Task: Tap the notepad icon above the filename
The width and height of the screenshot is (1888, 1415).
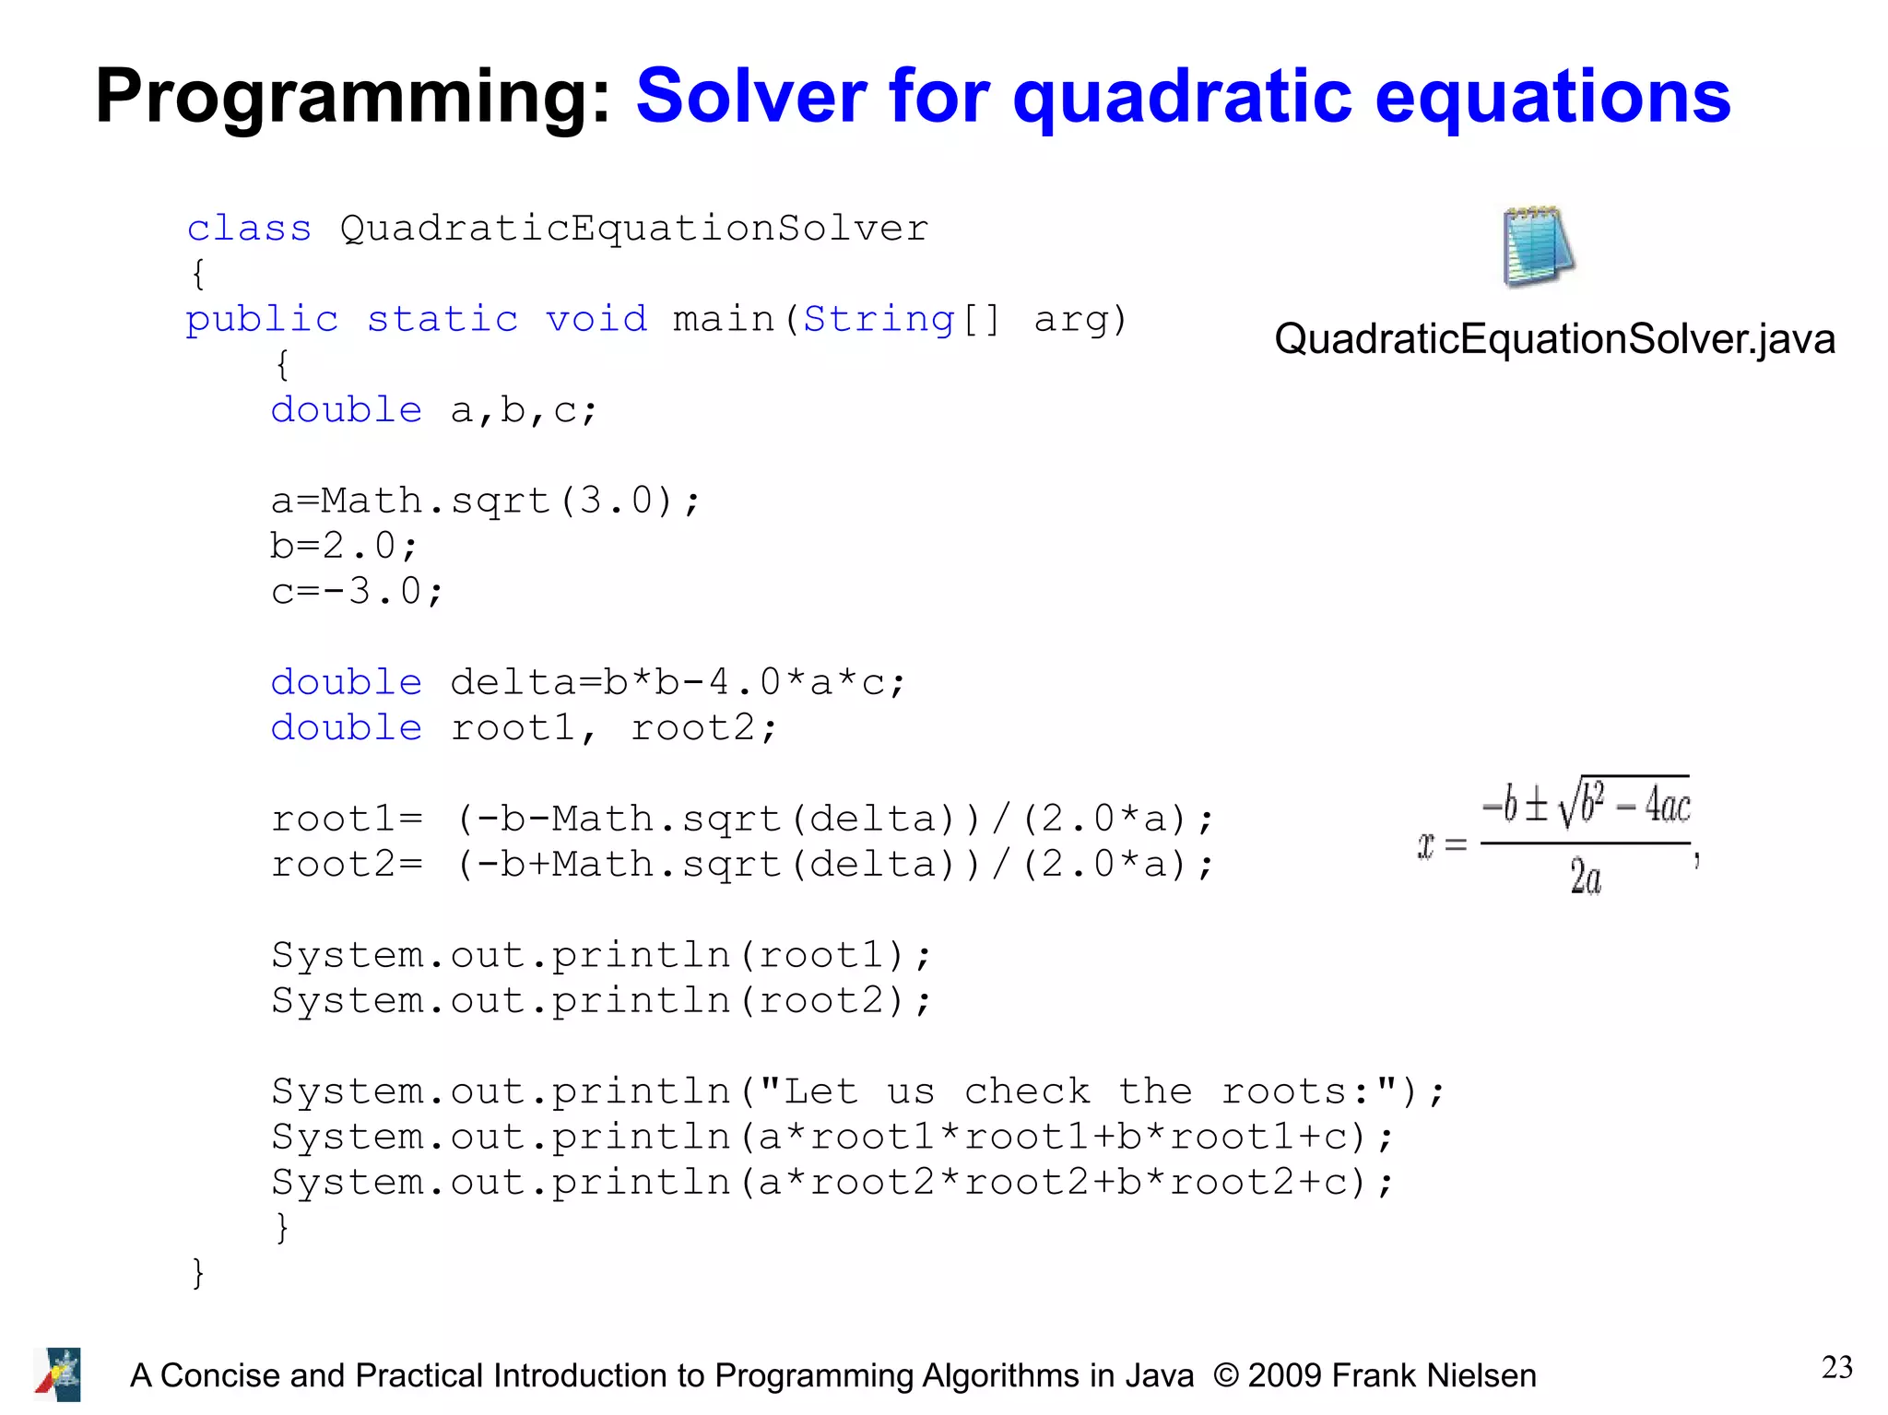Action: click(x=1537, y=246)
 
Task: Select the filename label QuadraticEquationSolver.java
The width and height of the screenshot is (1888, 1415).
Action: click(x=1554, y=339)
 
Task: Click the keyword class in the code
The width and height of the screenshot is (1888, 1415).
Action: click(x=249, y=228)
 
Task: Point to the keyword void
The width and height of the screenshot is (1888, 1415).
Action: click(x=596, y=319)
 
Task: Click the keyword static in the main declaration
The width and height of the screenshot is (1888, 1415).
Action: click(x=442, y=319)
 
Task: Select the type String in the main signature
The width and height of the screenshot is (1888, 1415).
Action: click(x=879, y=319)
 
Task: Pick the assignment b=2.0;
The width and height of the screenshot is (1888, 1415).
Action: click(x=344, y=546)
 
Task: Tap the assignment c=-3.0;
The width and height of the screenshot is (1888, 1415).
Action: click(x=357, y=591)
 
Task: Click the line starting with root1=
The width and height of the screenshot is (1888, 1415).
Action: click(x=742, y=819)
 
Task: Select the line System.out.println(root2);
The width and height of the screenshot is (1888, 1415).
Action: click(x=601, y=1000)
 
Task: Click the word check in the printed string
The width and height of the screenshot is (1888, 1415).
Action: click(x=1027, y=1091)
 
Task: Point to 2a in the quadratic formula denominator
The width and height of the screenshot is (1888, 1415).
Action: click(x=1586, y=877)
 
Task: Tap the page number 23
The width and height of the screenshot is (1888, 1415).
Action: click(x=1836, y=1367)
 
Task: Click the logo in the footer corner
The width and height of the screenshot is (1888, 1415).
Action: click(x=58, y=1374)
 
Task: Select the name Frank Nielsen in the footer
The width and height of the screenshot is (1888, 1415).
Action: click(x=1434, y=1375)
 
